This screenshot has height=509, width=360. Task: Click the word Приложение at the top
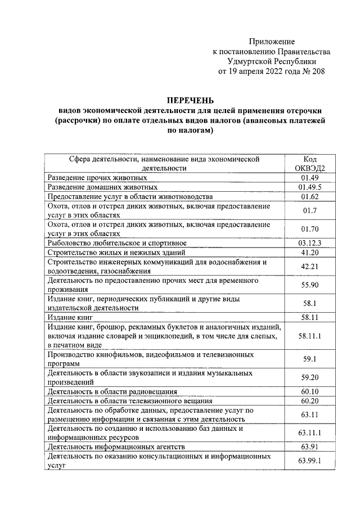pos(272,42)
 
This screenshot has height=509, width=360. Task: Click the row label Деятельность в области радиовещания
pos(112,391)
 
